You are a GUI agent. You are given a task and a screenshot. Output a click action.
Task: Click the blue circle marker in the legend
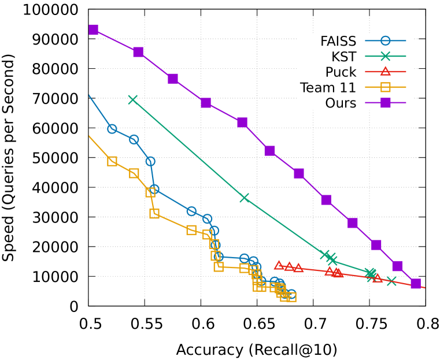tap(386, 41)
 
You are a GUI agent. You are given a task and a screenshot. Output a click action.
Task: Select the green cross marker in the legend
tap(386, 56)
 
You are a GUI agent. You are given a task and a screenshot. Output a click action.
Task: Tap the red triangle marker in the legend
tap(386, 71)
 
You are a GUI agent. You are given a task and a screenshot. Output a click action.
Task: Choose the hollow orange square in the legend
tap(386, 87)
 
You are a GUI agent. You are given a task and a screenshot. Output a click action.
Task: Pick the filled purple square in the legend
tap(386, 103)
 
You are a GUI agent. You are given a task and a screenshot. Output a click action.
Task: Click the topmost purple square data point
tap(94, 29)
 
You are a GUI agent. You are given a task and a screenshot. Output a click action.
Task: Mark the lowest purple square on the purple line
tap(416, 283)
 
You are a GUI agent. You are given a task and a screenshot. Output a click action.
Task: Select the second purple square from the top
tap(138, 52)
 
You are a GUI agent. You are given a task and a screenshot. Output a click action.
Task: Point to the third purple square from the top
tap(173, 79)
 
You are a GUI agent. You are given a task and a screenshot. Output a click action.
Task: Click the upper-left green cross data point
tap(132, 99)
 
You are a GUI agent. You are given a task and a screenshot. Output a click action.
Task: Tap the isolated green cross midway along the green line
tap(245, 198)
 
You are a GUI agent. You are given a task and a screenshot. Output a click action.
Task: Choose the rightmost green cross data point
tap(391, 281)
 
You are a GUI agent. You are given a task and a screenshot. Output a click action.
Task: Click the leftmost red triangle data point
tap(279, 265)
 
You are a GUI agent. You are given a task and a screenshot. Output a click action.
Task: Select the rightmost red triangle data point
tap(378, 278)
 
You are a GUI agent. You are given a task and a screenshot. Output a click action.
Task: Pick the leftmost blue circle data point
tap(112, 129)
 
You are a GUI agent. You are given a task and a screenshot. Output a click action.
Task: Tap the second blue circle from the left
tap(134, 139)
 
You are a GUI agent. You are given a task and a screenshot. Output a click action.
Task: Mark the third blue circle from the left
tap(150, 161)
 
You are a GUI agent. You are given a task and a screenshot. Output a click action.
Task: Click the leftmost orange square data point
tap(112, 161)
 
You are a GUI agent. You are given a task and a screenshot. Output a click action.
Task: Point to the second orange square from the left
tap(134, 173)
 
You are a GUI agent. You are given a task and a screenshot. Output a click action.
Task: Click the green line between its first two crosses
tap(188, 149)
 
